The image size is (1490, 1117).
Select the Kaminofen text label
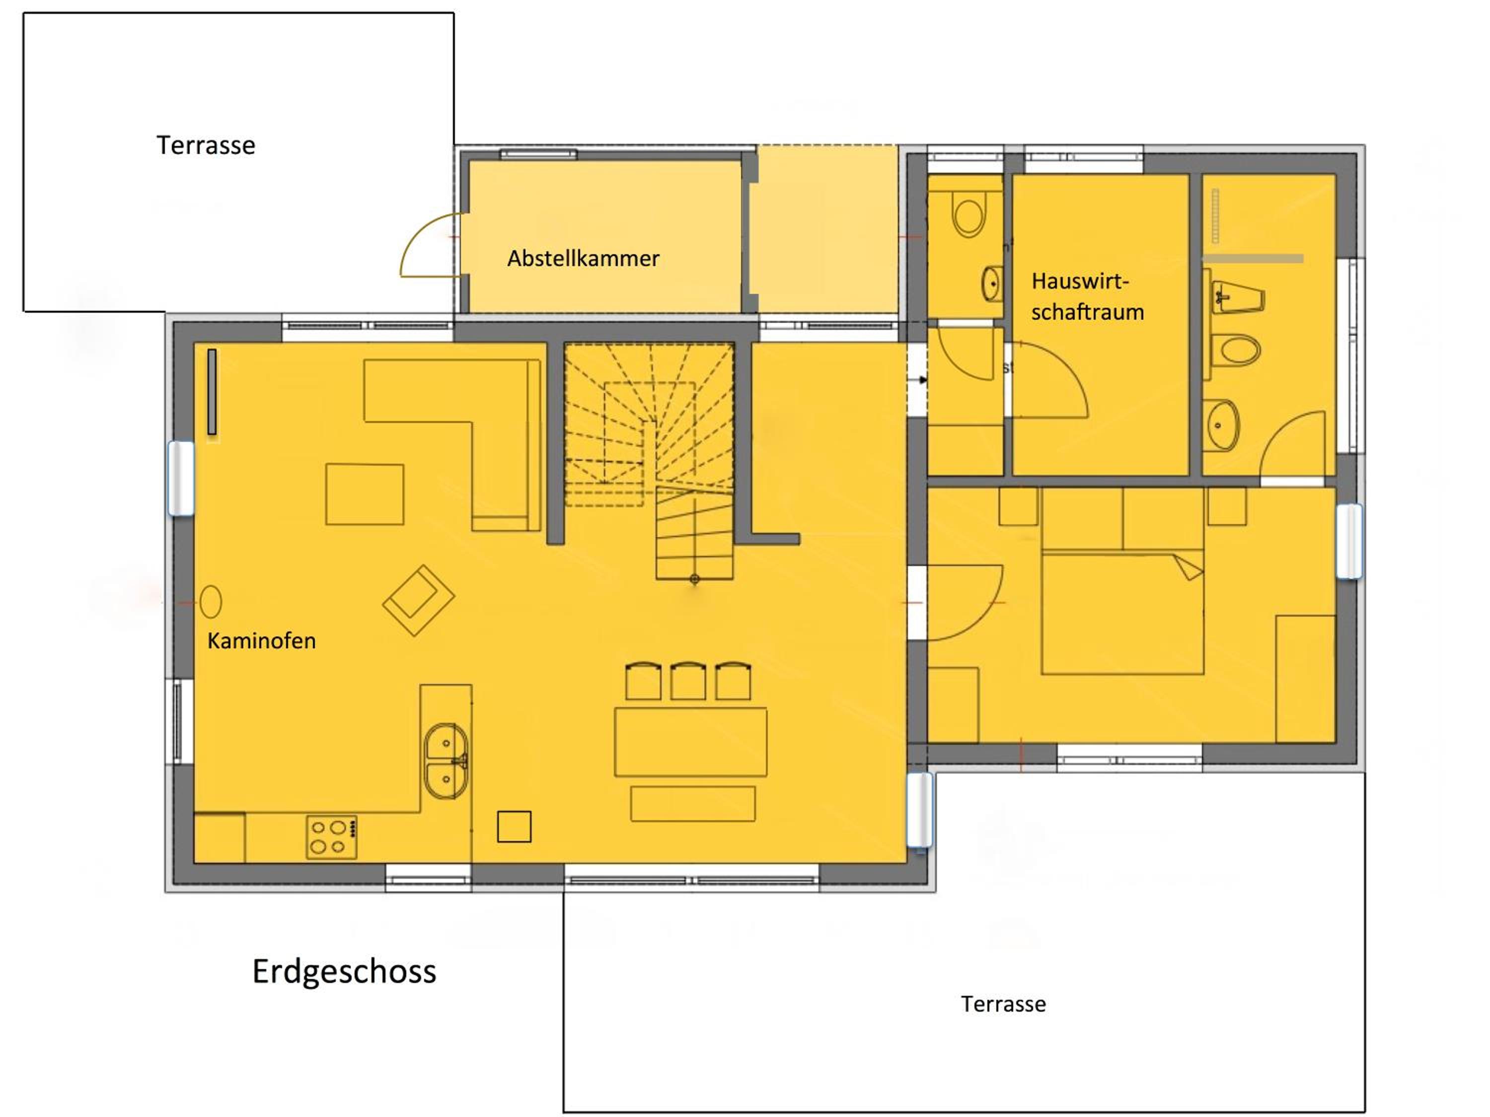tap(261, 641)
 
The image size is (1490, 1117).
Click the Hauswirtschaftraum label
tap(1087, 297)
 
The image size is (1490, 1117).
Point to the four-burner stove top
tap(331, 838)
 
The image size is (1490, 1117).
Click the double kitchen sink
tap(446, 762)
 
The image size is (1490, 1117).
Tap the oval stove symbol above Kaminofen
tap(211, 601)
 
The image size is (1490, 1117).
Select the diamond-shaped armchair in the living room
tap(418, 600)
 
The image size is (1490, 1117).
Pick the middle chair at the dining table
tap(688, 682)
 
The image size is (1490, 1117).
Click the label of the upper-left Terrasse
tap(206, 145)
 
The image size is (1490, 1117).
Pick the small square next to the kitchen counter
tap(514, 826)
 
